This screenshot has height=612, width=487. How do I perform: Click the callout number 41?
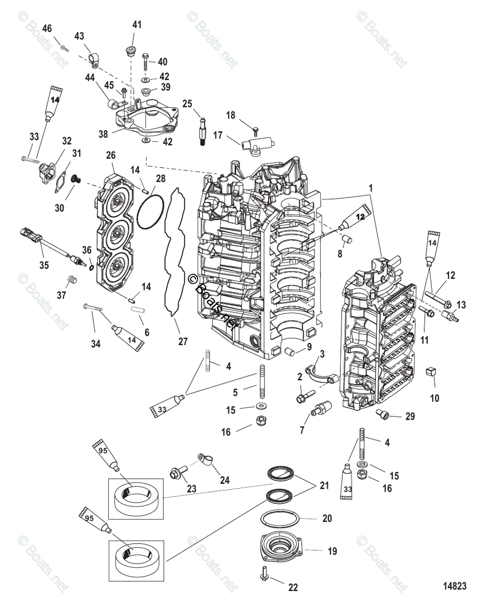(x=137, y=24)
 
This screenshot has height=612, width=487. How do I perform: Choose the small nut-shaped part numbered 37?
(x=72, y=279)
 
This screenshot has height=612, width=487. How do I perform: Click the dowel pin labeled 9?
(x=290, y=351)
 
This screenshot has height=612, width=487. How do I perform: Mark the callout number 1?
(x=371, y=188)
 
